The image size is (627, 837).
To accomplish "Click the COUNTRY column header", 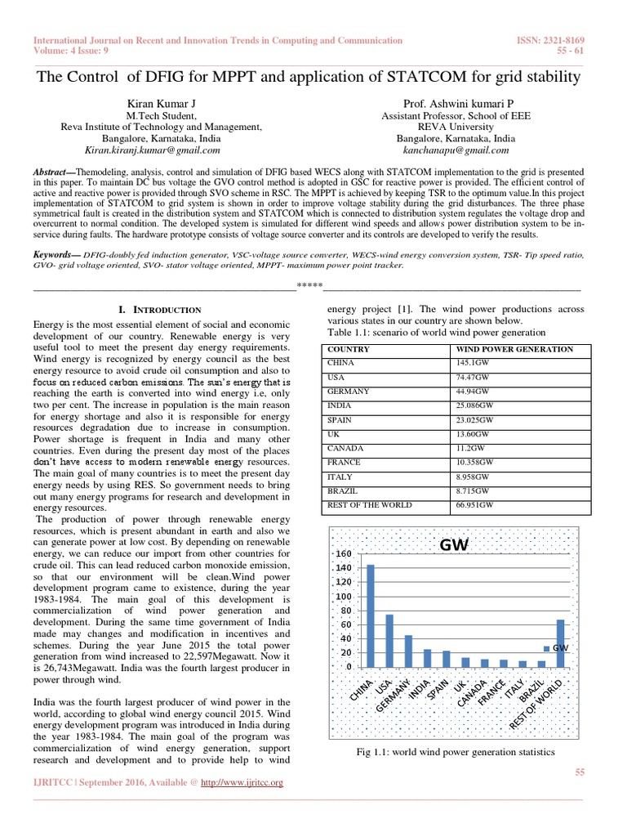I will (348, 349).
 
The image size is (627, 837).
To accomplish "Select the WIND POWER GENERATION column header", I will (514, 349).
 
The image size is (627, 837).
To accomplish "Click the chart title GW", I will (455, 544).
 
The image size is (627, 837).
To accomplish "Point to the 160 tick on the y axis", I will (344, 553).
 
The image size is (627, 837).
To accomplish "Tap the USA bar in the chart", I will (389, 640).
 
